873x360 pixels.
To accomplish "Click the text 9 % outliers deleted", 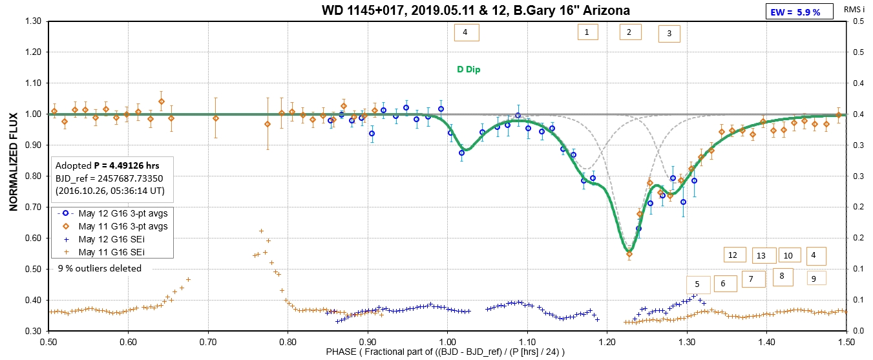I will tap(100, 268).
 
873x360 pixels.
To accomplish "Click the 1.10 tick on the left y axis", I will tap(32, 83).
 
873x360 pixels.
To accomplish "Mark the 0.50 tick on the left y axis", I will tap(32, 270).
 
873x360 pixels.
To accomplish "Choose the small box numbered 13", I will tap(761, 256).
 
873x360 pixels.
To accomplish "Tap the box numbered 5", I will tap(697, 284).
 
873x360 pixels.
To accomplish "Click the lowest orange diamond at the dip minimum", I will tap(629, 254).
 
